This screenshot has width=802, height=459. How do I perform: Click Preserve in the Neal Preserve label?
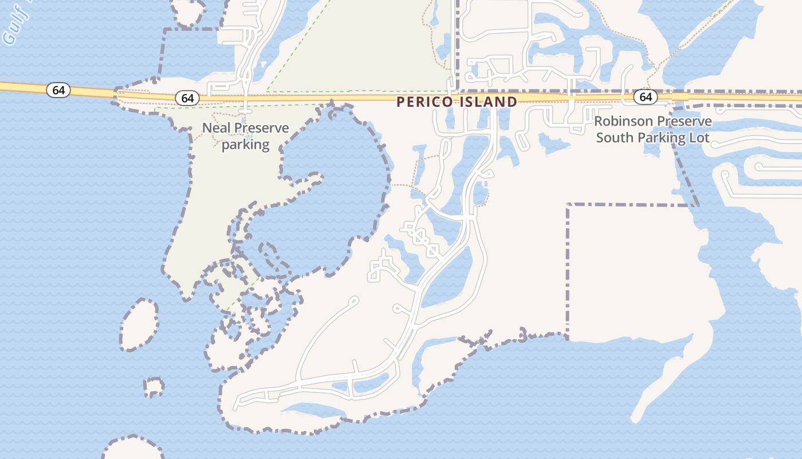tap(261, 128)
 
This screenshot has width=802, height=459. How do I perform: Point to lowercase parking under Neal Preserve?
tap(245, 145)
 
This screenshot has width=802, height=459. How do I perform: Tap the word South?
tap(613, 138)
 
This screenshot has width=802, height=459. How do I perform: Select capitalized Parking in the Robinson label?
tap(658, 138)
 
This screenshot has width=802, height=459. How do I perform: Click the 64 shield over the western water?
tap(58, 90)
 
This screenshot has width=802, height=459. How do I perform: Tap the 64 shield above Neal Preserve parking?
tap(187, 98)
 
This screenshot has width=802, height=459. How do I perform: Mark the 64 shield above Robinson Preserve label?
tap(646, 97)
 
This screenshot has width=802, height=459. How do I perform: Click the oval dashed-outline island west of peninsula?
tap(139, 324)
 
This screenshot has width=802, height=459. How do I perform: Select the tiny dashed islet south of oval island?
tap(153, 387)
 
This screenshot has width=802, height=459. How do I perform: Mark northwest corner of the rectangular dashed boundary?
tap(568, 204)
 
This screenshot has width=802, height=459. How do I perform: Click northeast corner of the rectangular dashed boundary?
tap(698, 205)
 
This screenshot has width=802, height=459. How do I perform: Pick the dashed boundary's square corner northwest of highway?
tap(166, 29)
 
